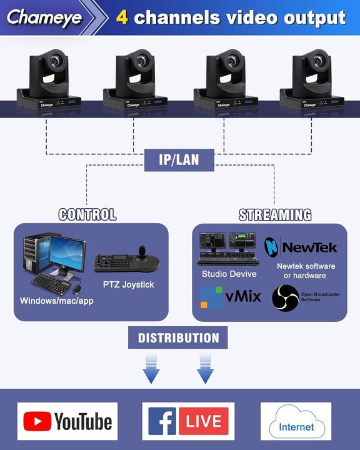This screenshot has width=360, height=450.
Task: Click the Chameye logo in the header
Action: point(45,17)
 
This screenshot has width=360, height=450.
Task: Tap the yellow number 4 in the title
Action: point(123,17)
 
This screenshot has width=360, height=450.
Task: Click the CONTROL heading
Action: point(87,214)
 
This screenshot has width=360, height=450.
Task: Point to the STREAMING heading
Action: point(275,215)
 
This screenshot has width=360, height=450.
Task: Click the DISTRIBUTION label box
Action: point(178,338)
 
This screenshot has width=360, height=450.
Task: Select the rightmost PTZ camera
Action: point(311,81)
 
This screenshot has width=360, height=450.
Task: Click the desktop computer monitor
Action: point(67,254)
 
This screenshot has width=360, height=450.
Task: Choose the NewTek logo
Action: point(301,247)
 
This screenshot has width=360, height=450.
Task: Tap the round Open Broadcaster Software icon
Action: point(285,297)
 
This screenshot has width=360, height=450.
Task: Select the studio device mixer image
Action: point(228,249)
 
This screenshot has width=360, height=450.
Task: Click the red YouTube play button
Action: point(37,421)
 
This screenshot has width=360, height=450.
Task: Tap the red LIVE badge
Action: point(203,421)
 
